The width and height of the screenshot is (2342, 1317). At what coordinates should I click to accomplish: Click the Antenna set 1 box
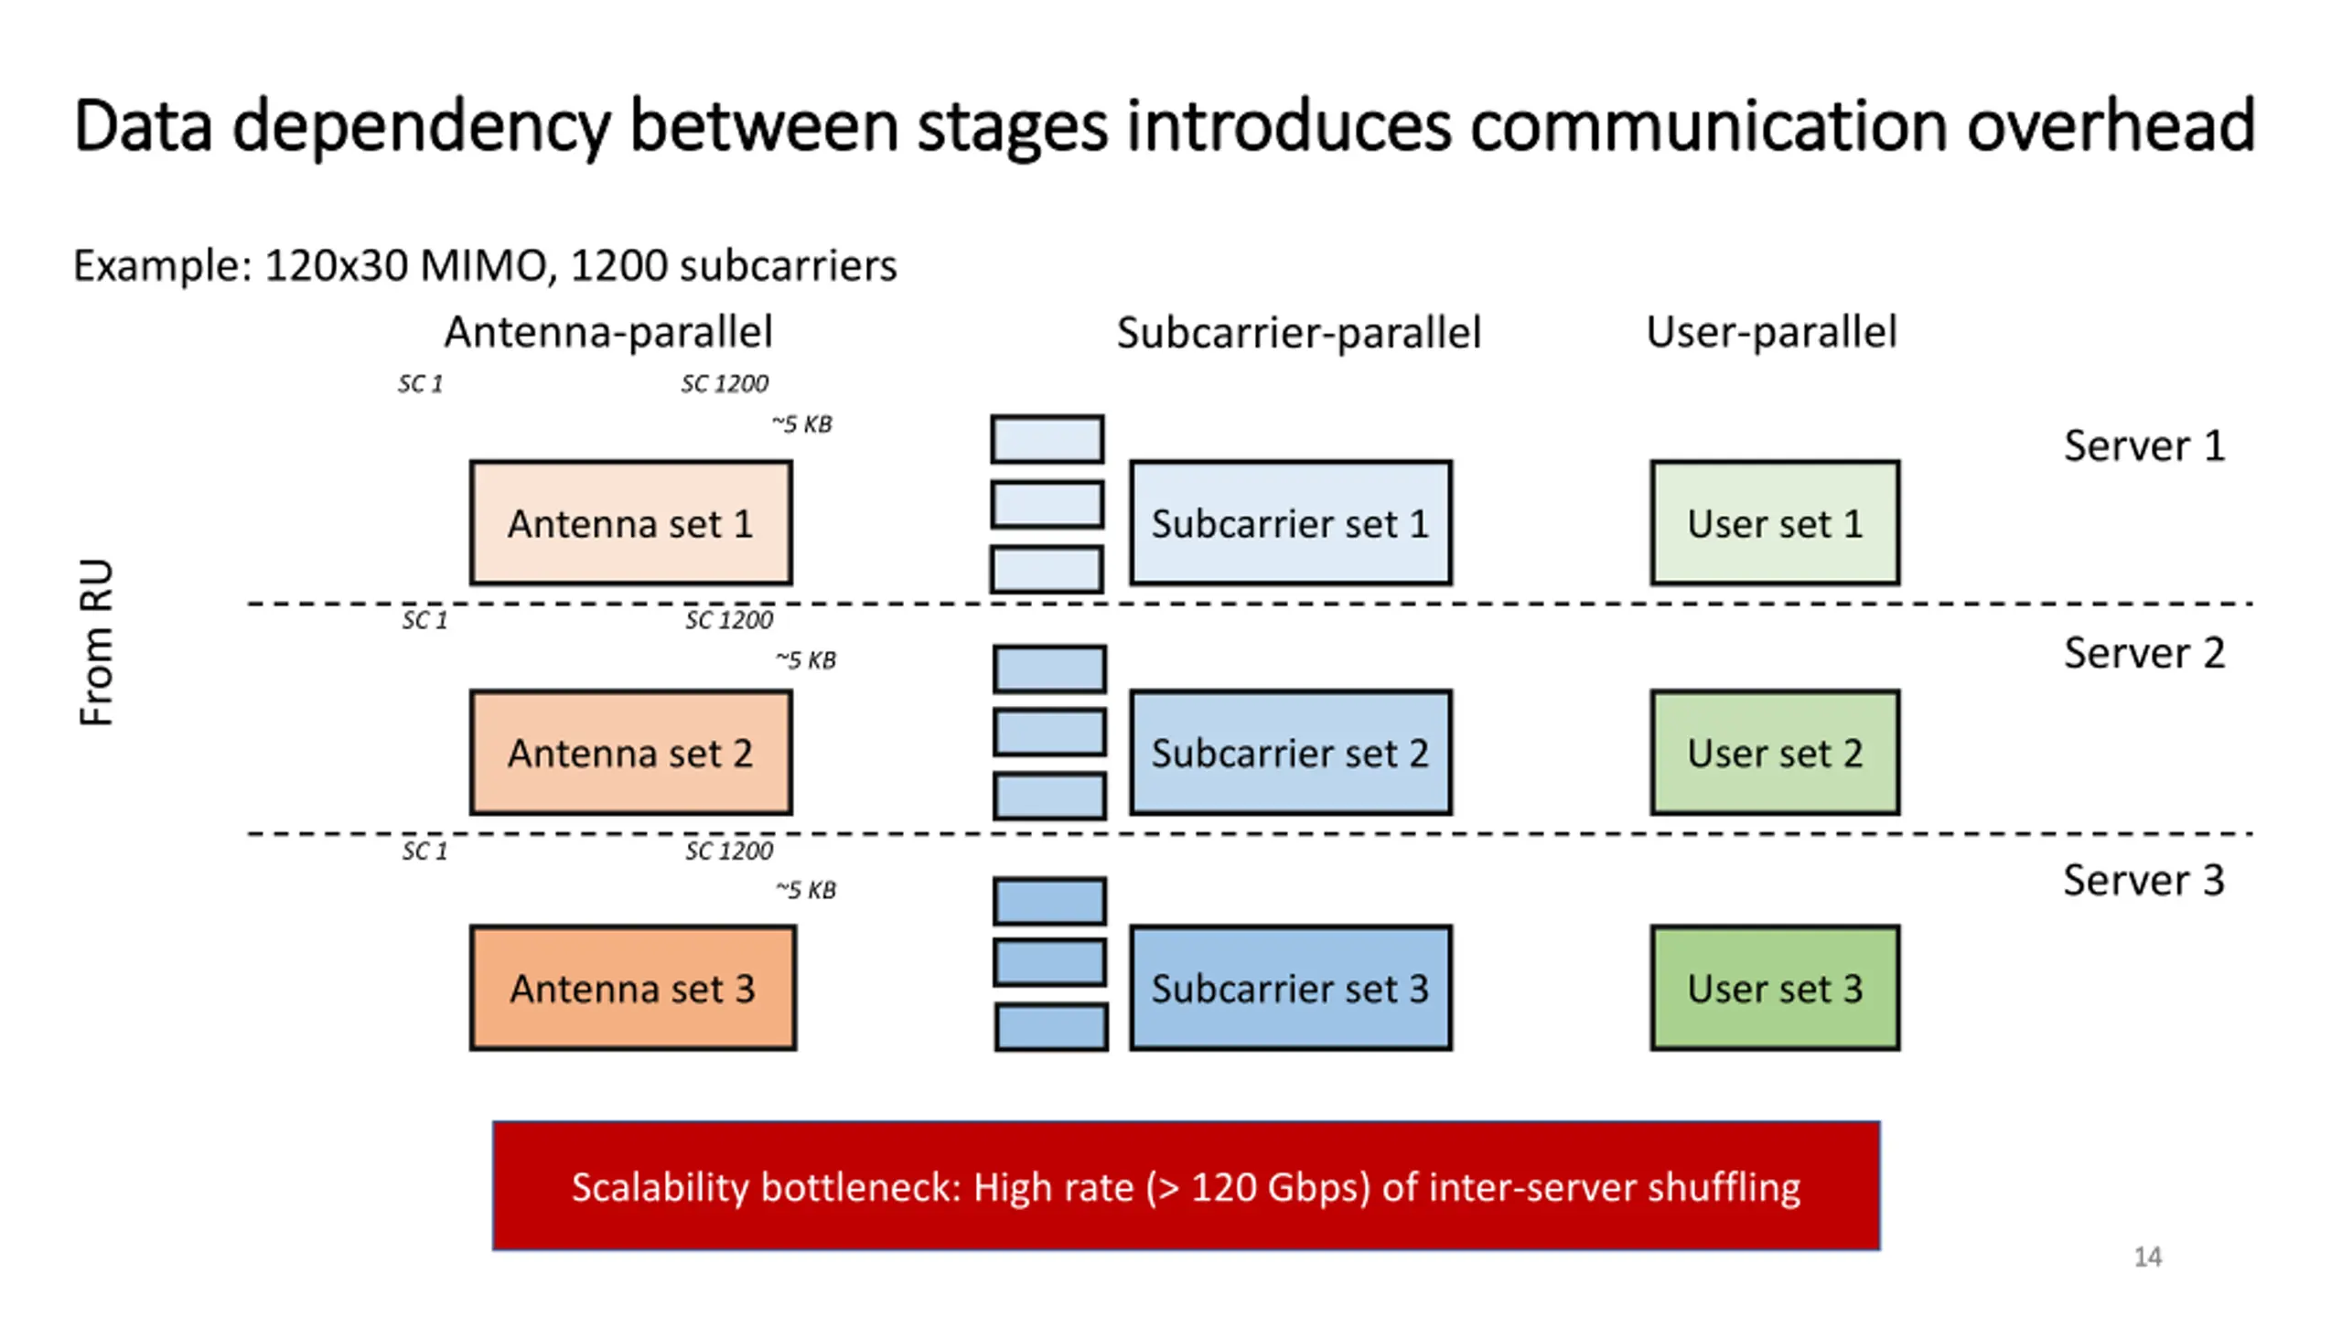click(631, 522)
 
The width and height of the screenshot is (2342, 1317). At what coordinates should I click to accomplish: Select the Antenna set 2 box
click(631, 753)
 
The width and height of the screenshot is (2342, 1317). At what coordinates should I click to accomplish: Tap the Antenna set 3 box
click(633, 988)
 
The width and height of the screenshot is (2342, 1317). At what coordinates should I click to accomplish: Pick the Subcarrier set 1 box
click(1291, 522)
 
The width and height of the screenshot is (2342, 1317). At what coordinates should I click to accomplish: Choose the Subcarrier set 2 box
click(1291, 753)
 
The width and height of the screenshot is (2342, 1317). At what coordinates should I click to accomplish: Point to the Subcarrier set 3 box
click(1291, 988)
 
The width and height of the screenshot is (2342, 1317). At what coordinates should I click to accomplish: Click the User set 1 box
click(1775, 522)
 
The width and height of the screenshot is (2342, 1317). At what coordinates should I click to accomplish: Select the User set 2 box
click(1775, 753)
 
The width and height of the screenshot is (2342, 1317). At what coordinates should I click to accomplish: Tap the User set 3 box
click(1775, 988)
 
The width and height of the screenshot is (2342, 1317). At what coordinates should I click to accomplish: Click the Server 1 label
click(2143, 446)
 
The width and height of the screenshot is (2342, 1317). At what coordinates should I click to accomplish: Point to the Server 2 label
click(2143, 653)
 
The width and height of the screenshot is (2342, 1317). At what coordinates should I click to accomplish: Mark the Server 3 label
click(2143, 881)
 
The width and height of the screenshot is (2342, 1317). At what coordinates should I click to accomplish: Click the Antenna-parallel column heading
click(608, 332)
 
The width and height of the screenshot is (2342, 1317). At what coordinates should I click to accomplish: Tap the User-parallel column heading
click(1771, 332)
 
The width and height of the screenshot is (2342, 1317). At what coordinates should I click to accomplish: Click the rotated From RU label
click(96, 642)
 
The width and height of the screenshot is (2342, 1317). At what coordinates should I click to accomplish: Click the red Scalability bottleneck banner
click(1187, 1185)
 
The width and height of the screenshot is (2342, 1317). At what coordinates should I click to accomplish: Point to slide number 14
click(2148, 1257)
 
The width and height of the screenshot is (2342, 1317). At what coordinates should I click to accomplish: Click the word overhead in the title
click(2111, 125)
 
